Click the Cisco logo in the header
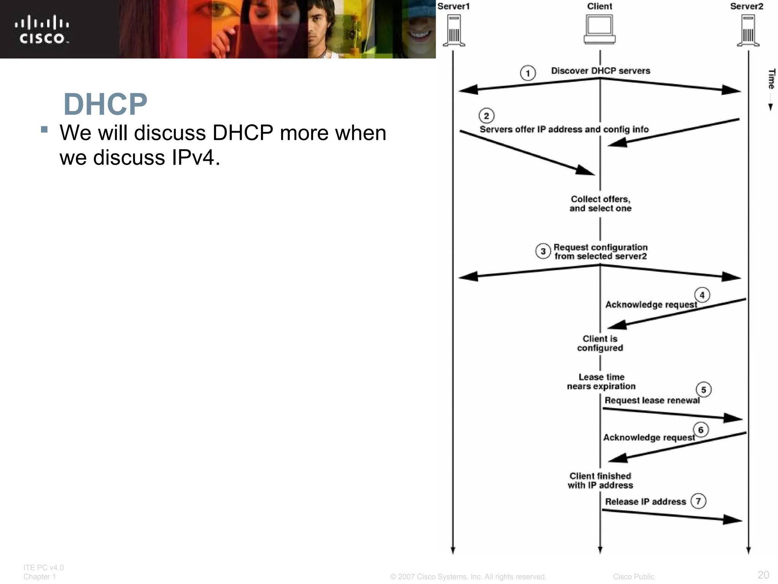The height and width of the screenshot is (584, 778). coord(42,30)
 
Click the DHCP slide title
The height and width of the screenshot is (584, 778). coord(105,104)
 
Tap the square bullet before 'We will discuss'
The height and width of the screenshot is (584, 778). coord(44,129)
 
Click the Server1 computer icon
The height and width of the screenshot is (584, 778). coord(454,30)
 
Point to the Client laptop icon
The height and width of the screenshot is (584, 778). coord(599,29)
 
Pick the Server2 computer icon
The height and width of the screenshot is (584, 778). coord(748,30)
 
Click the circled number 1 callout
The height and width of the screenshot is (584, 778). coord(528,73)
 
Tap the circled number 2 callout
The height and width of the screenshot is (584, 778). coord(487,116)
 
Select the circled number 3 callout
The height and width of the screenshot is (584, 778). coord(543,251)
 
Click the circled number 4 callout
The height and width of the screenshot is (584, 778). coord(702,295)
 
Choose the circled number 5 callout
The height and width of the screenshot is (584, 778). coord(704,390)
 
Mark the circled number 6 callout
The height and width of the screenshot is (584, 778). coord(701,430)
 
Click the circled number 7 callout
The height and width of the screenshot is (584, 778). coord(698,501)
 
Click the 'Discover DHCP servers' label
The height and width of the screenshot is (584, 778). coord(601,71)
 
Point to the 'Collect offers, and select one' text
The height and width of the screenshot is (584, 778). coord(600,204)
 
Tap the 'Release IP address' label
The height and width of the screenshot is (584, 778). coord(645,502)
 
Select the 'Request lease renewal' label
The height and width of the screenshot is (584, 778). coord(652,400)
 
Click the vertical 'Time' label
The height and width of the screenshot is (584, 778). coord(771,79)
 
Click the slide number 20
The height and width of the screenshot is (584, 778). coord(763,574)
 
